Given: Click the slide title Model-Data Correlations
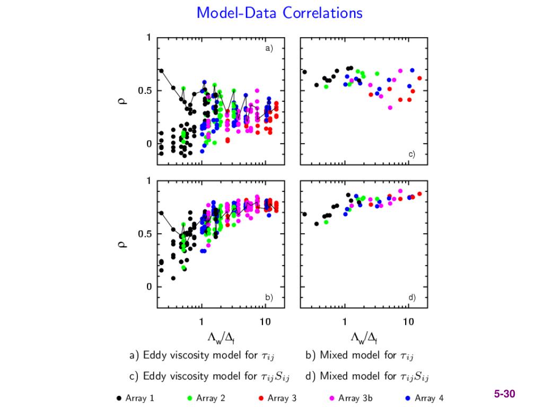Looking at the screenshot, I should point(279,13).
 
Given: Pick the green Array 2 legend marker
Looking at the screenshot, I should point(189,398).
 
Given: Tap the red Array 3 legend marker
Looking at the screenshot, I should point(261,398).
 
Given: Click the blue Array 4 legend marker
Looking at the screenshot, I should point(407,398).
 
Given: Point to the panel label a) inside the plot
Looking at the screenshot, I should point(269,48).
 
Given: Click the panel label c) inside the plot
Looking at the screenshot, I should point(411,154).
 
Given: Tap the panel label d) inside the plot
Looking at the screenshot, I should point(411,298).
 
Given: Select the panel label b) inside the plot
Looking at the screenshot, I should point(269,298).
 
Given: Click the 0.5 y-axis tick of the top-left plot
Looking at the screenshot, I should point(145,91).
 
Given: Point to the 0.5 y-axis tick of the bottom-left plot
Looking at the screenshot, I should point(145,234).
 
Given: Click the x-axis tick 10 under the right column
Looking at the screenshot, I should point(408,322).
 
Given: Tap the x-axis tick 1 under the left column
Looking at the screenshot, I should point(202,322).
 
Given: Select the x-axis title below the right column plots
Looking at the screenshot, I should point(364,337).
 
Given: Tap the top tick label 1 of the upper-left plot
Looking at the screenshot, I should point(150,38).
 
